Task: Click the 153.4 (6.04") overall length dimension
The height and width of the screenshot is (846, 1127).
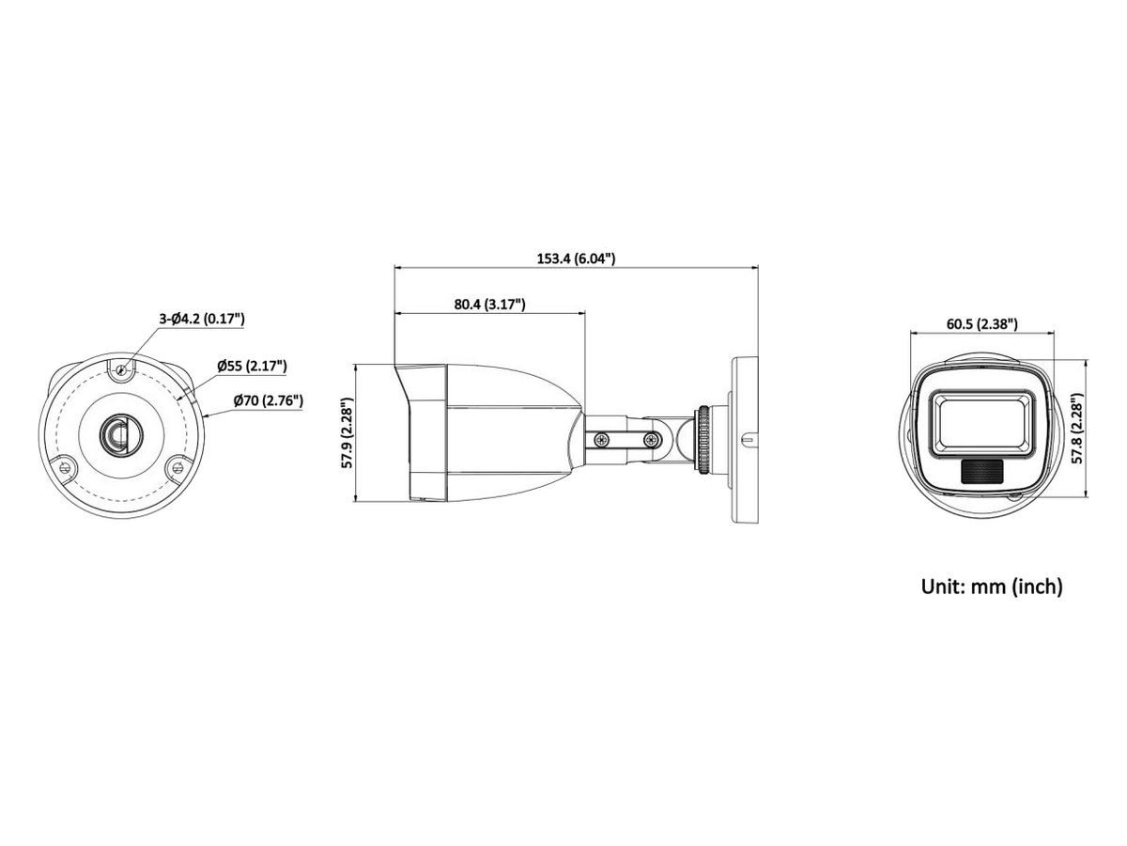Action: tap(576, 258)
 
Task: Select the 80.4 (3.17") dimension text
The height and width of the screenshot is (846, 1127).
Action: tap(489, 304)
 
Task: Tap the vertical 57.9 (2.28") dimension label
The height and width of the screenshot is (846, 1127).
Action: tap(347, 432)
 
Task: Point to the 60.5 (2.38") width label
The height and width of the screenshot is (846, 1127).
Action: tap(981, 323)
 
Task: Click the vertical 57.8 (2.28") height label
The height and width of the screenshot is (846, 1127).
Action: tap(1077, 429)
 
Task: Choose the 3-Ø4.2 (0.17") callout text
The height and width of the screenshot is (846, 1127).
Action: tap(202, 319)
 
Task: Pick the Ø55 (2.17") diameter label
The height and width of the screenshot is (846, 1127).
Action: tap(252, 366)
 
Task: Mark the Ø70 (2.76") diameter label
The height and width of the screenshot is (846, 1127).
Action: tap(268, 400)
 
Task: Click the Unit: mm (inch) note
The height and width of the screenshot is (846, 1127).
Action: tap(992, 586)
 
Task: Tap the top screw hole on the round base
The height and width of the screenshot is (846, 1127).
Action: tap(121, 369)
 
